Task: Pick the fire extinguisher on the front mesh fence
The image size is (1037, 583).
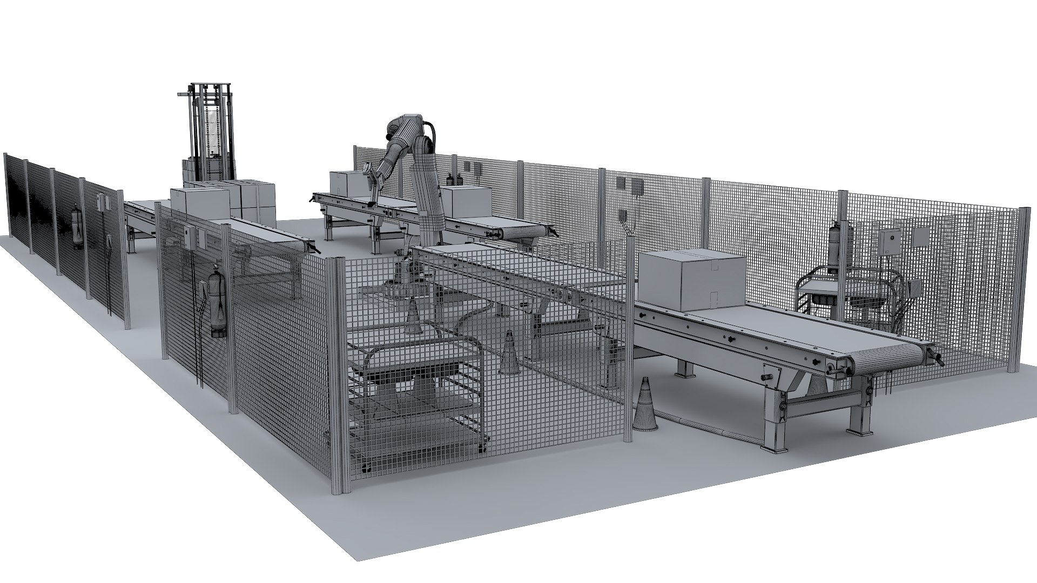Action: [x=218, y=306]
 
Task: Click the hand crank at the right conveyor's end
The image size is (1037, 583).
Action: [x=938, y=358]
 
